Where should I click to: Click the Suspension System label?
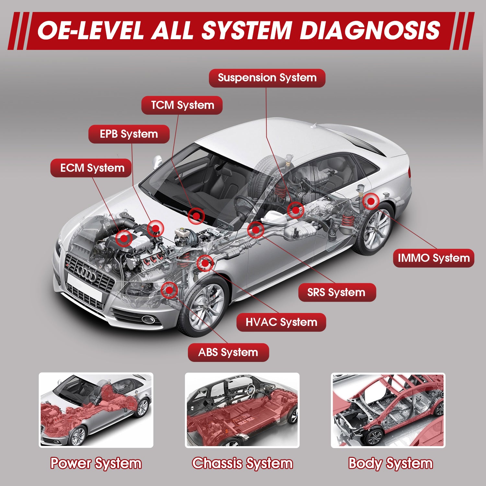coord(267,78)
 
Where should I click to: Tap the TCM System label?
coord(182,105)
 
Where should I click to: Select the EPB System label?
coord(129,134)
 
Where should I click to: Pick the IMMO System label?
coord(434,258)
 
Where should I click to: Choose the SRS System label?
coord(337,292)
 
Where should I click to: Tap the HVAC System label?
coord(281,322)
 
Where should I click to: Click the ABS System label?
coord(228,353)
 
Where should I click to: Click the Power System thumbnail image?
coord(96,410)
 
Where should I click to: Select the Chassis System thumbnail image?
coord(242,410)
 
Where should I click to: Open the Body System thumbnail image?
coord(388,410)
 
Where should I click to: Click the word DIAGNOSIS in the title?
coord(370,31)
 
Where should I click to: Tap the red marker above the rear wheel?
coord(371,202)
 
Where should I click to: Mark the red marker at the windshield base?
coord(196,216)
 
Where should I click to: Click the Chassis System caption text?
coord(242,463)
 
